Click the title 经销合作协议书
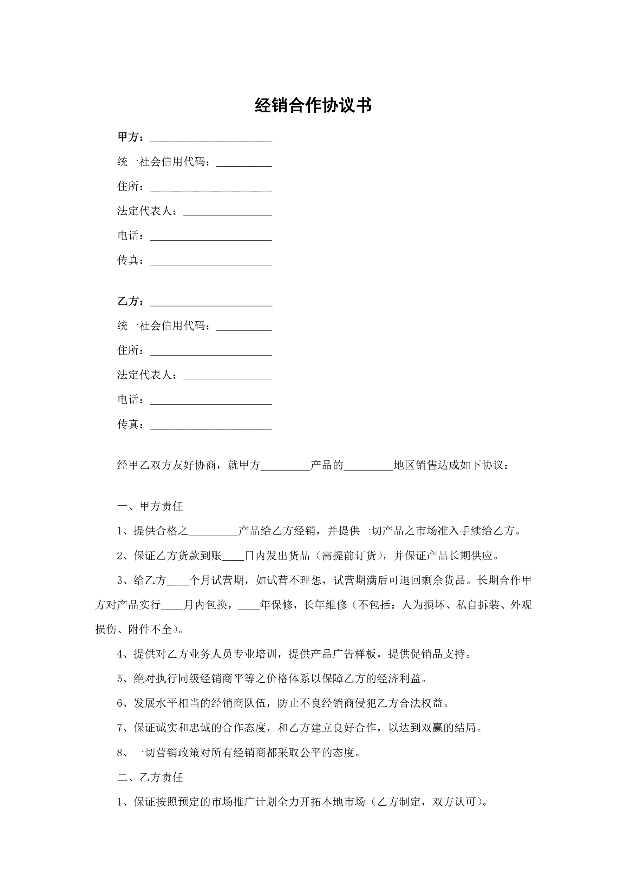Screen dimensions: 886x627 pyautogui.click(x=313, y=105)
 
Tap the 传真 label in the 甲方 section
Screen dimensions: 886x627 pyautogui.click(x=128, y=260)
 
